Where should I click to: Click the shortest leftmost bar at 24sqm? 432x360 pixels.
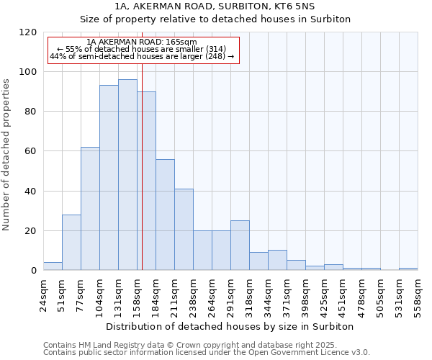pos(53,266)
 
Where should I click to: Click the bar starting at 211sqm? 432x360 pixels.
pos(184,230)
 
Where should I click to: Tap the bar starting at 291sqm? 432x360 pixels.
pos(240,246)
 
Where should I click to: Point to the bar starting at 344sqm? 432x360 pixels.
pos(277,260)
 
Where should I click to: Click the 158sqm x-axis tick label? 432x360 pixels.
pos(138,294)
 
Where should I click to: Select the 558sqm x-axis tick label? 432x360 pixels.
pos(418,294)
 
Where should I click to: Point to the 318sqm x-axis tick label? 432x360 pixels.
pos(250,294)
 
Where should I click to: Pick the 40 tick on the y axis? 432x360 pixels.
pos(30,192)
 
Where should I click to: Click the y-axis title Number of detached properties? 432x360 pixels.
pos(6,154)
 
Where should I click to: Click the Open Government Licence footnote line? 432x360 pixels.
pos(207,353)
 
